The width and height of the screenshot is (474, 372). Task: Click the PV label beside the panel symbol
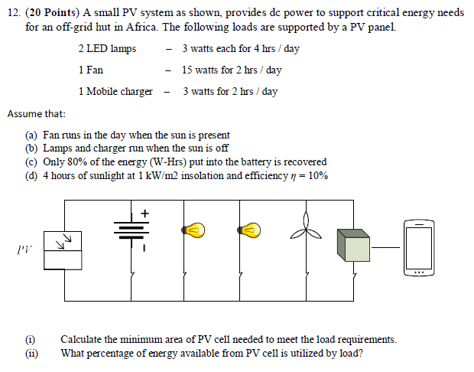[x=24, y=250]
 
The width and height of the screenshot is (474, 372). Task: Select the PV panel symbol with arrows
[x=63, y=251]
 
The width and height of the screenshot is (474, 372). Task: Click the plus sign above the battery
[x=144, y=212]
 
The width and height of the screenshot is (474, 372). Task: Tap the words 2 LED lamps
[x=107, y=49]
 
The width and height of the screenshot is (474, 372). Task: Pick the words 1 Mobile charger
[x=115, y=92]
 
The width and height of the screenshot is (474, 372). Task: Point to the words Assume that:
[x=37, y=114]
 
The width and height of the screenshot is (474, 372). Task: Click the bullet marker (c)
[x=31, y=162]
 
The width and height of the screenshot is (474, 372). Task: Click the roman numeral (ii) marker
[x=31, y=353]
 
